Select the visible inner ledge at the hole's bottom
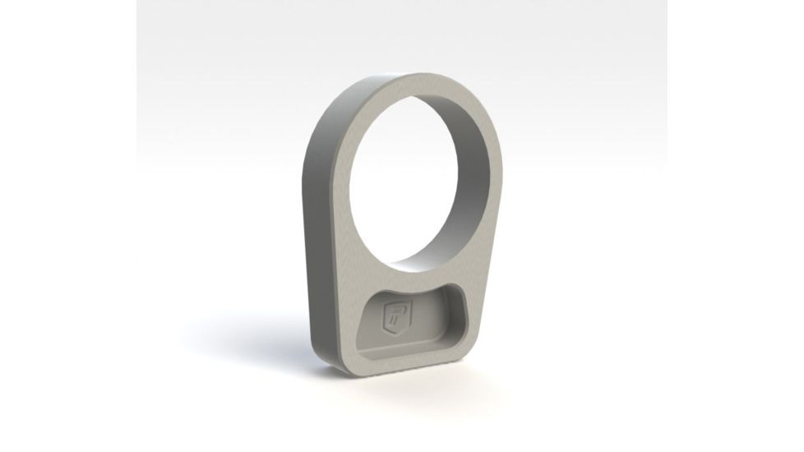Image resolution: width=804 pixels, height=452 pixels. pos(427,265)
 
